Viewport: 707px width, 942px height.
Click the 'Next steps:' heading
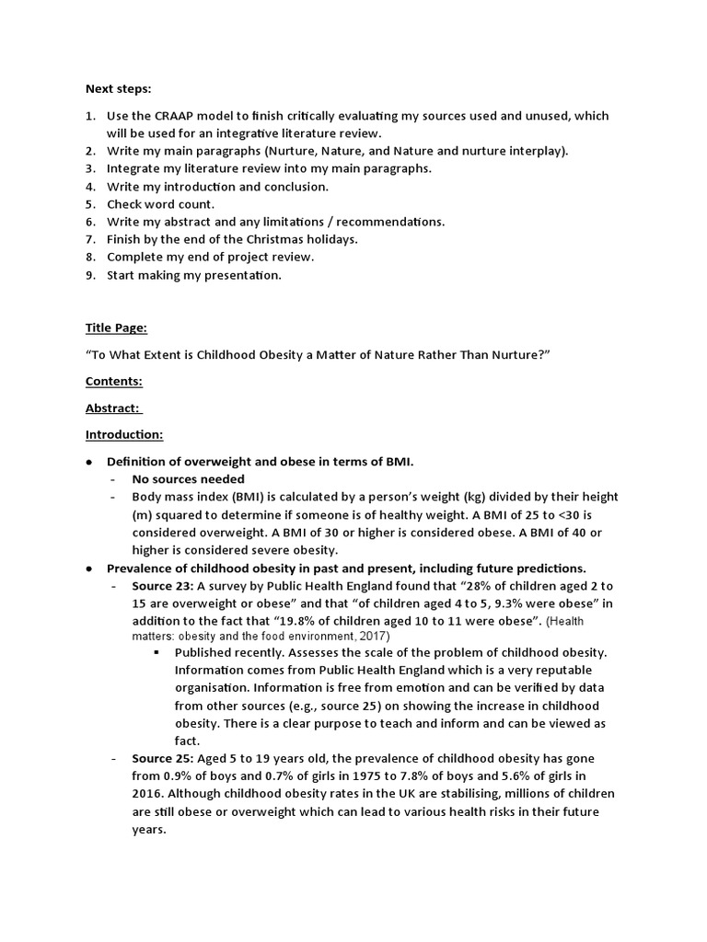pos(119,89)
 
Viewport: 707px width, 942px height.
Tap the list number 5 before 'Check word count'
pos(90,204)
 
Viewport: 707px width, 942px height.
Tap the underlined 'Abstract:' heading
pos(113,408)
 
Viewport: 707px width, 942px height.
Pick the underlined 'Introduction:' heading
pos(123,434)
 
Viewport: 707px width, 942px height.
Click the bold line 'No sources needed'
pos(188,478)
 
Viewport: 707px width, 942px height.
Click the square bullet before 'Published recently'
pos(158,652)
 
